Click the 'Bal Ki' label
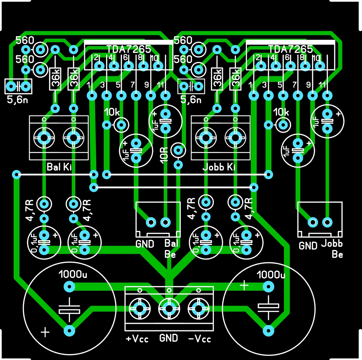tap(59, 167)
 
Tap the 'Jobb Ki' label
tap(219, 167)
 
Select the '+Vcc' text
tap(137, 339)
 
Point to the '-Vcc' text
tap(200, 339)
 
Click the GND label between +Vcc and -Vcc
tap(169, 338)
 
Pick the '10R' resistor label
tap(164, 155)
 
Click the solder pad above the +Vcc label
tap(140, 309)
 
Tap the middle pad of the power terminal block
tap(169, 309)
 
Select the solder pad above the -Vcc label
tap(199, 309)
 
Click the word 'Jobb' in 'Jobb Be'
tap(332, 243)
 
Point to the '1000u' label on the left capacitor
tap(73, 274)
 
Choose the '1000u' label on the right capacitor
tap(271, 274)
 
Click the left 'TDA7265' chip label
tap(129, 49)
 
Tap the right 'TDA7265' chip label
tap(290, 49)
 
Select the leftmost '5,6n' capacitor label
tap(18, 100)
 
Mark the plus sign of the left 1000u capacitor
tap(45, 332)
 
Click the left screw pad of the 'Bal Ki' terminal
tap(44, 138)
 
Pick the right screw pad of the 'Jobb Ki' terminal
tap(235, 138)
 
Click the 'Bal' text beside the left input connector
tap(171, 243)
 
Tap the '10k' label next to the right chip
tap(281, 112)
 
